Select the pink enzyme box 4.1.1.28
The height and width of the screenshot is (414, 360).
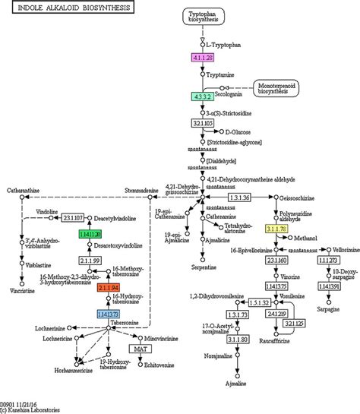[x=202, y=57]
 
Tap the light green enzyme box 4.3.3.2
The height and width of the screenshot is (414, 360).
[x=202, y=96]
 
